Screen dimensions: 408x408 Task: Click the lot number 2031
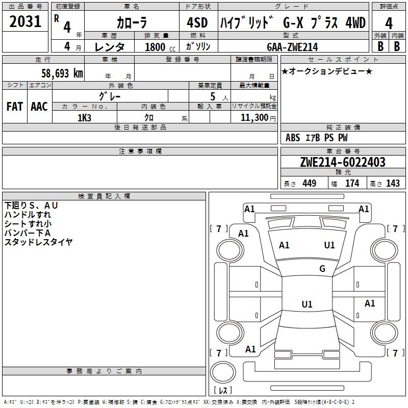(25, 21)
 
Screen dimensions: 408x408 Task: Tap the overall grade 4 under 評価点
(389, 23)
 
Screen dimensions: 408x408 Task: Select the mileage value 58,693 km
(62, 73)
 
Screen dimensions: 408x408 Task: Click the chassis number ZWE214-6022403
(343, 162)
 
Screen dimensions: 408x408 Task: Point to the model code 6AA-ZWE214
(292, 47)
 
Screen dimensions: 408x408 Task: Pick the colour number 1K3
(84, 118)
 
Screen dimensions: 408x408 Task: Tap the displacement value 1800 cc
(160, 47)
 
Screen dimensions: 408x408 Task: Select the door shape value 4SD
(197, 22)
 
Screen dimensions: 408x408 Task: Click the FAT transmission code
(15, 107)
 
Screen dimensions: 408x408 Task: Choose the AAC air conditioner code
(39, 107)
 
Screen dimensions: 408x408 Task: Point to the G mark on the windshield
(322, 268)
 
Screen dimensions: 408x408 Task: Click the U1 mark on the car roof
(307, 304)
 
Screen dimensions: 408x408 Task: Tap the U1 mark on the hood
(329, 245)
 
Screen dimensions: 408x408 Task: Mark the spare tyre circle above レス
(223, 372)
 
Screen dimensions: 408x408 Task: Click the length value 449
(310, 184)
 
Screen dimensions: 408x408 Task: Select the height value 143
(393, 184)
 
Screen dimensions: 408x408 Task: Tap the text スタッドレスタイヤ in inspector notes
(39, 242)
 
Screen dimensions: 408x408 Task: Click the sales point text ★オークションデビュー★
(327, 71)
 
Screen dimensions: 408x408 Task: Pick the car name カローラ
(132, 22)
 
